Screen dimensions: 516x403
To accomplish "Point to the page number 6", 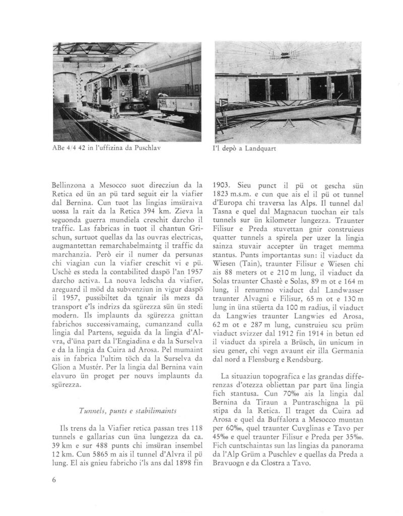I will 54,479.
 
